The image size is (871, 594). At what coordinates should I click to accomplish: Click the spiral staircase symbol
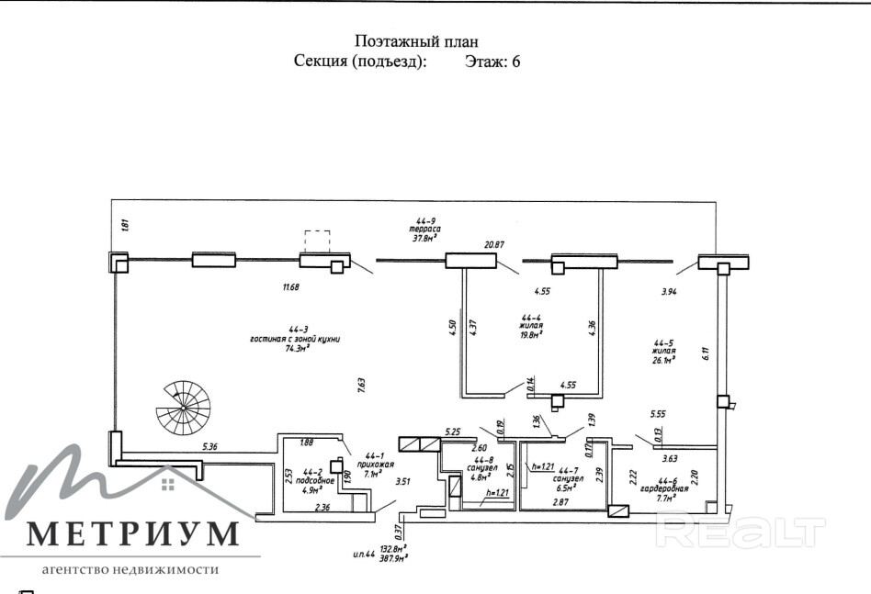click(184, 407)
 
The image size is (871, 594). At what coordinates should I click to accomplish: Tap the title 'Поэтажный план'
click(416, 41)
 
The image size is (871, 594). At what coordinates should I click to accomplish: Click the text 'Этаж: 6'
click(493, 62)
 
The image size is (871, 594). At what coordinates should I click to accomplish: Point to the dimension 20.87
click(494, 244)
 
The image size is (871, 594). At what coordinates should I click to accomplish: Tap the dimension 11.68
click(291, 287)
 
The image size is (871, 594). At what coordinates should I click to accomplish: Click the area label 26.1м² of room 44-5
click(662, 360)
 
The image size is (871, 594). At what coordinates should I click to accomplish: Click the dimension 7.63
click(362, 386)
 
